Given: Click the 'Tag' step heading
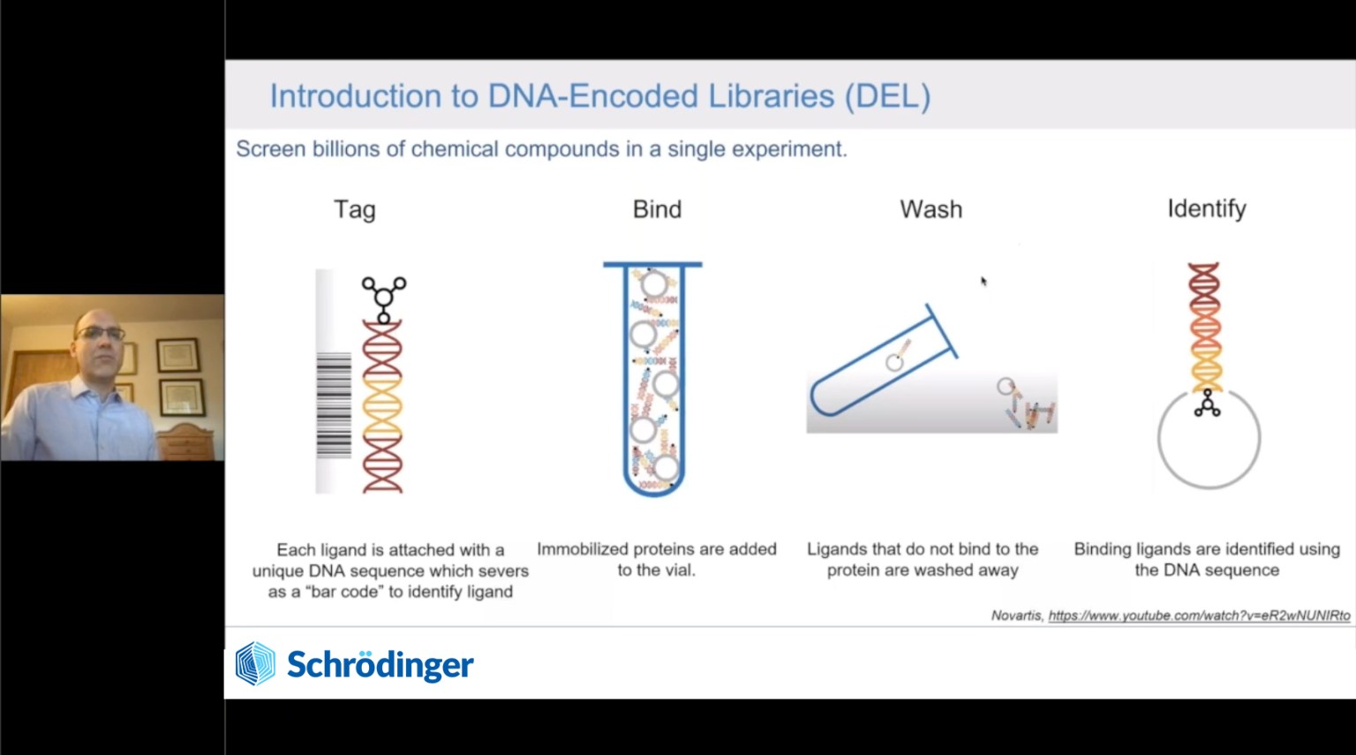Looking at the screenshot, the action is (355, 210).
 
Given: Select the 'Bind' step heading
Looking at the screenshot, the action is (657, 209).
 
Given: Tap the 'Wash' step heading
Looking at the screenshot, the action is (931, 209).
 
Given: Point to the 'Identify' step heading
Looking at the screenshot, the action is (1207, 209).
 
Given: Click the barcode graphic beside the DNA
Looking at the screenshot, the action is (334, 404).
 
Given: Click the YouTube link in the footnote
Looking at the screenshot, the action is (1199, 615).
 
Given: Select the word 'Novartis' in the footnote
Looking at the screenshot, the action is (1017, 615).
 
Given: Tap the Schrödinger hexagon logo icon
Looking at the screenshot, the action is (255, 663).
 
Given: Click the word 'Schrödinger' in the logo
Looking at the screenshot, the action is (380, 665).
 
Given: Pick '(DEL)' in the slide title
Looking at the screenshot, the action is (887, 96).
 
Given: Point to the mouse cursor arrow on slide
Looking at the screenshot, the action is (983, 281).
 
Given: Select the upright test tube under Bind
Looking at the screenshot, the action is (653, 379).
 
